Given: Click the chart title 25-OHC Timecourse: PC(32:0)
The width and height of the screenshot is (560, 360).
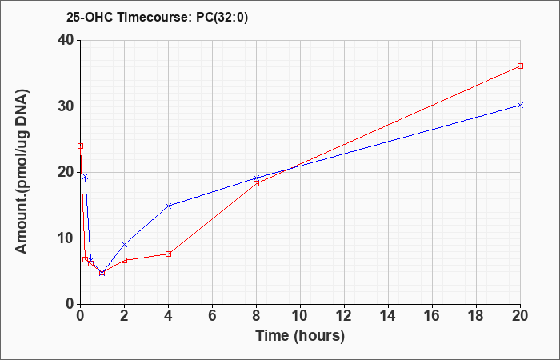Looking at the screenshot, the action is pos(157,17).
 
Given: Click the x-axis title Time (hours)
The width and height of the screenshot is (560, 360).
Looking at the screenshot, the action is pos(300,336).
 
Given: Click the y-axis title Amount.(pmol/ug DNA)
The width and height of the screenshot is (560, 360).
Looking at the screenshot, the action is pos(22,172).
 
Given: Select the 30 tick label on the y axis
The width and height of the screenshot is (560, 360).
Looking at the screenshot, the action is pos(66,106).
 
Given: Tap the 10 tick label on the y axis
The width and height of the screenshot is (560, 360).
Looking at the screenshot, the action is pos(66,238).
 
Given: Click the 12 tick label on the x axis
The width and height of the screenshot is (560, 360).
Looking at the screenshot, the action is pos(344,316).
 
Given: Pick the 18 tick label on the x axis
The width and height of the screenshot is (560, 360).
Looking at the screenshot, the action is pos(476,316).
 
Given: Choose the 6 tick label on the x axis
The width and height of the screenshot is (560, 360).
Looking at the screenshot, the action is pos(212,316).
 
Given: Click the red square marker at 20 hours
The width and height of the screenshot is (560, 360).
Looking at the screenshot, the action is pos(520,66).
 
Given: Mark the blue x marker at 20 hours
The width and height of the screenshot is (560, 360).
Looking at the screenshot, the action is pos(520,105).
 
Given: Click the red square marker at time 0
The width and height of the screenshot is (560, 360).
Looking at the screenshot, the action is pos(80,146).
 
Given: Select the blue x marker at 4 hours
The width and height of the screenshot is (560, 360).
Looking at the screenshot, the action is pos(169,206).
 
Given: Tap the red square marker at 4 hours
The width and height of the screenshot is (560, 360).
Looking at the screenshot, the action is pos(169,254).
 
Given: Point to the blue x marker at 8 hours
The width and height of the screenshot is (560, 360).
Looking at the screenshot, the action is pos(257,178).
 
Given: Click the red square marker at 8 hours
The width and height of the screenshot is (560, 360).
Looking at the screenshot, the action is pos(257,183).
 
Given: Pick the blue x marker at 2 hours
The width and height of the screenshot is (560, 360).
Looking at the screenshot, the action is pos(124,245).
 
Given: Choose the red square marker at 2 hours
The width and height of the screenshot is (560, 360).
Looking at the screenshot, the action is pos(124,260).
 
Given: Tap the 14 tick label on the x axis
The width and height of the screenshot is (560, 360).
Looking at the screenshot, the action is pos(388,316).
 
